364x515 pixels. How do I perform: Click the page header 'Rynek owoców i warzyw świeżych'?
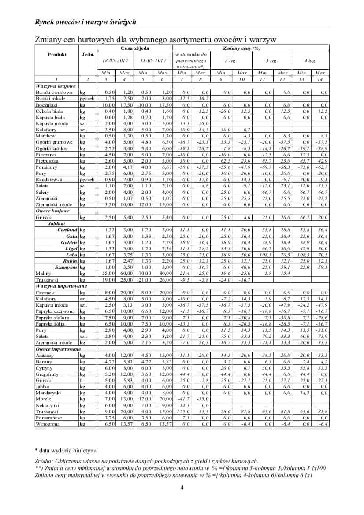(85, 22)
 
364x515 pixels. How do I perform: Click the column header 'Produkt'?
(57, 54)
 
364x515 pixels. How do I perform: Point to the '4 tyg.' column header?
(310, 60)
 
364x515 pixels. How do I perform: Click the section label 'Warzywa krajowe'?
(56, 86)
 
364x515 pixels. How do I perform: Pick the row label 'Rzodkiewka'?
(49, 180)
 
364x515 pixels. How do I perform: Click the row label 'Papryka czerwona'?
(55, 311)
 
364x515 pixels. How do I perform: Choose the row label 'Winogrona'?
(48, 424)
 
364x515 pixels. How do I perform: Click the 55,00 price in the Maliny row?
(109, 274)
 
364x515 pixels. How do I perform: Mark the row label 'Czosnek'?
(45, 293)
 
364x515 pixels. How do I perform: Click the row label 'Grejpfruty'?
(47, 374)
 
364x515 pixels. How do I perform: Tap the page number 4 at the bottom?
(182, 488)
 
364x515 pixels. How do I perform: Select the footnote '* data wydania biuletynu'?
(65, 450)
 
